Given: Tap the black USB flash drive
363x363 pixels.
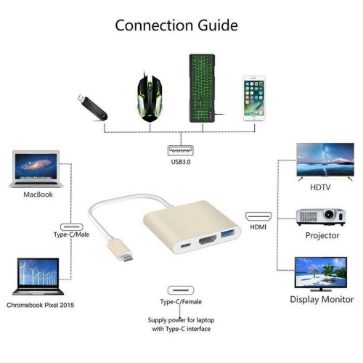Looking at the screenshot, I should click(x=92, y=107).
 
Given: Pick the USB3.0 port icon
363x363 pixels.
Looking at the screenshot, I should click(x=181, y=152).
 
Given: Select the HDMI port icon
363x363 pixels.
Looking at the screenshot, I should click(x=258, y=216).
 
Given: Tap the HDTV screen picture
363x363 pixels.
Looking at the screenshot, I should click(x=325, y=161).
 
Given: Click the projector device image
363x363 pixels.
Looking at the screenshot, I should click(x=319, y=217).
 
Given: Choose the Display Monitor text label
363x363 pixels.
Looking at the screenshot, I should click(x=322, y=299).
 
